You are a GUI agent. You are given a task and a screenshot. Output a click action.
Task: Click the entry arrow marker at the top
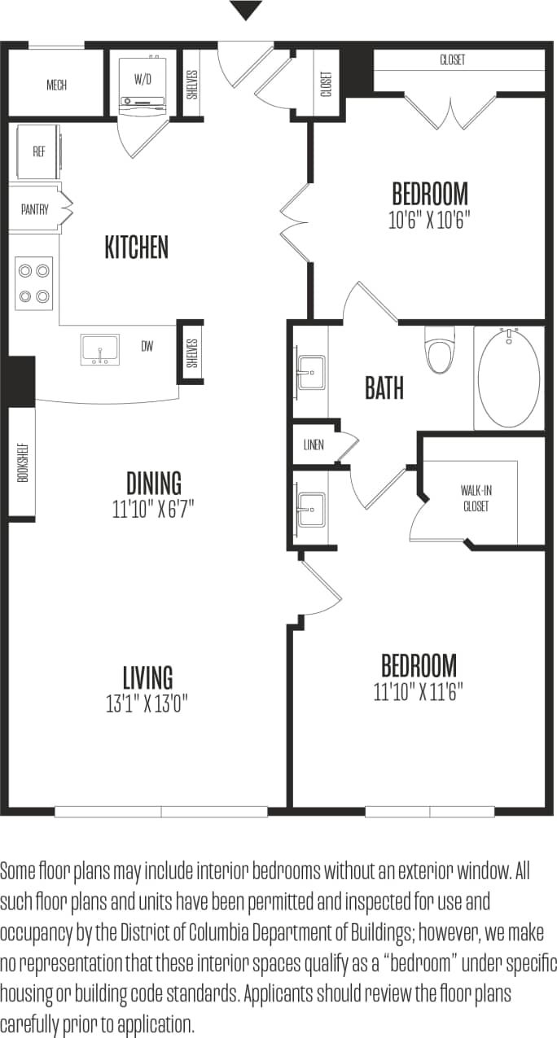[x=246, y=11]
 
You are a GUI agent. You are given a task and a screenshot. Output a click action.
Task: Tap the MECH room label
[x=56, y=85]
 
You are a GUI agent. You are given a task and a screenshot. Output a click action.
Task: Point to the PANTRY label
[x=35, y=209]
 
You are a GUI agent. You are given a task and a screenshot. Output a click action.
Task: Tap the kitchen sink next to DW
[x=99, y=349]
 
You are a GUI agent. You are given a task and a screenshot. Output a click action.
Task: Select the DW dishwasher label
[x=147, y=347]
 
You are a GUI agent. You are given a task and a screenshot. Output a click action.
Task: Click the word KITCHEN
[x=136, y=247]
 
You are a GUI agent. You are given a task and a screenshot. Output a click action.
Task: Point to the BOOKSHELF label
[x=23, y=461]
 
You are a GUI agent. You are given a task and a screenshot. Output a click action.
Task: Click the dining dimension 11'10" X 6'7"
[x=153, y=510]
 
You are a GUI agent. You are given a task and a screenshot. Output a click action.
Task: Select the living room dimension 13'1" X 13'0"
[x=147, y=703]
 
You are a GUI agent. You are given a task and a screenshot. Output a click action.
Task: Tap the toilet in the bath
[x=440, y=351]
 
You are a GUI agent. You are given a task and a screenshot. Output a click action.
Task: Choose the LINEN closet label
[x=314, y=445]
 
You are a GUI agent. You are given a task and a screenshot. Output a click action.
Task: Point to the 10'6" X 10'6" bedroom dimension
[x=430, y=221]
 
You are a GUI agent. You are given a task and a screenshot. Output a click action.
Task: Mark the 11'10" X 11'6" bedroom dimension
[x=419, y=692]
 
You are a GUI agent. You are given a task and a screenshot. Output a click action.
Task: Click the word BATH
[x=384, y=389]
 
